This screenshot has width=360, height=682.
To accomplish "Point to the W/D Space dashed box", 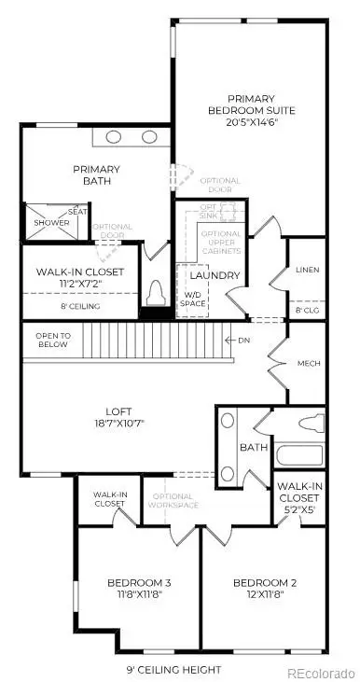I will coord(192,285).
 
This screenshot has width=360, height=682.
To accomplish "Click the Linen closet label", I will coord(307,271).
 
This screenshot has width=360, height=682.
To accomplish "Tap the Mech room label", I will coord(309,364).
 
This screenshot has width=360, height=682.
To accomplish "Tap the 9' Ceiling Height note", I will coord(174,670).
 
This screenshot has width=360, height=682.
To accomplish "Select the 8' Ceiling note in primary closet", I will coord(80,306).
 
